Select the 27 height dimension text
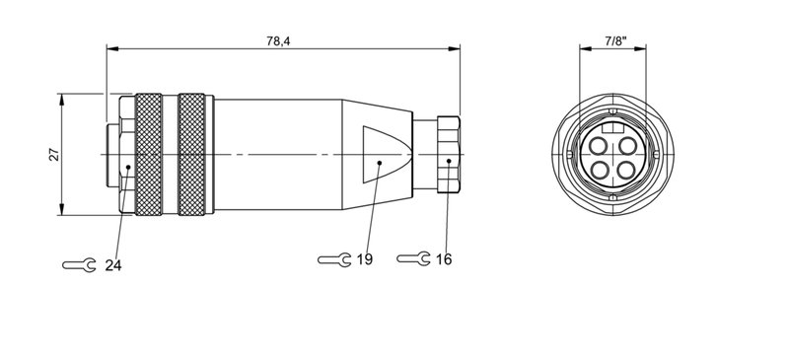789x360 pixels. coord(54,154)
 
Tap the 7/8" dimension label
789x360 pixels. coord(613,40)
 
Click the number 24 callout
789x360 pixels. coord(113,264)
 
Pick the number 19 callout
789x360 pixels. coord(365,259)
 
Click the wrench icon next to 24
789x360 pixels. coord(78,264)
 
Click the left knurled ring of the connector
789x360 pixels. coord(149,154)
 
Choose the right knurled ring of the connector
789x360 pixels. coord(193,154)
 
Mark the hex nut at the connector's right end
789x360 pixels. coord(449,155)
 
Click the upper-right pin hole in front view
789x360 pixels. coord(626,145)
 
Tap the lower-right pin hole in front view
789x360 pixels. coord(626,170)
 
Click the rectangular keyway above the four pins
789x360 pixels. coord(612,128)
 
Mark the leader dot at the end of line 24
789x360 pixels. coord(128,170)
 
